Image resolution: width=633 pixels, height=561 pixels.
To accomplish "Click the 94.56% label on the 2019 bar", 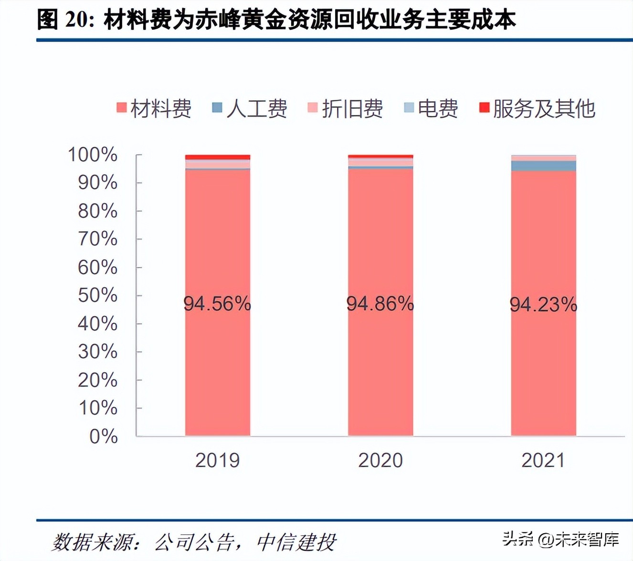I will click(217, 303).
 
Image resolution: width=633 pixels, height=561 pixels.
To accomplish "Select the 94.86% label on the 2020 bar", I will click(380, 303).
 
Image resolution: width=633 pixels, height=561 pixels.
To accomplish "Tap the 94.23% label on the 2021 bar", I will click(543, 304).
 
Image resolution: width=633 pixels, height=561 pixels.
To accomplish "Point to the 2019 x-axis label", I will click(217, 460).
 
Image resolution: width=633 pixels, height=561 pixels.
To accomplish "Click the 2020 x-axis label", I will click(380, 460).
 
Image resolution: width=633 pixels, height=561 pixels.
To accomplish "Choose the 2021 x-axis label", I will click(543, 460).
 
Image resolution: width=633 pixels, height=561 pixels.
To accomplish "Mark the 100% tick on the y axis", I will click(93, 155).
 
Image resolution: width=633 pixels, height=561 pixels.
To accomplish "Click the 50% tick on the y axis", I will click(97, 295).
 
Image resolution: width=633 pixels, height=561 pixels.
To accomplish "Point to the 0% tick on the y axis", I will click(103, 436).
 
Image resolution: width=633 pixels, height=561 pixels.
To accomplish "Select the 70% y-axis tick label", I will click(97, 239).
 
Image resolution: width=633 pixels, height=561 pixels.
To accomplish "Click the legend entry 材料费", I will click(154, 108).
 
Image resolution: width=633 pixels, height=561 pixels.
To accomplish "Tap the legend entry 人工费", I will click(250, 108).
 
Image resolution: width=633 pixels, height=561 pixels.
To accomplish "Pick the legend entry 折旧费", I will click(345, 108).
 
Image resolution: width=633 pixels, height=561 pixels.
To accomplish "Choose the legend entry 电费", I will click(431, 108).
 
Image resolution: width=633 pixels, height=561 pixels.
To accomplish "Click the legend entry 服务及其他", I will click(538, 108).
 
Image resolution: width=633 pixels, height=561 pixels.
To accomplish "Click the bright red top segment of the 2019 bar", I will click(218, 157).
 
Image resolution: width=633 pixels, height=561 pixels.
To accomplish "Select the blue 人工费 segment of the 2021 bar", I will click(543, 166).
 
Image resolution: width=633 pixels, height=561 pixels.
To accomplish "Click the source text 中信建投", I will click(296, 542).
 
